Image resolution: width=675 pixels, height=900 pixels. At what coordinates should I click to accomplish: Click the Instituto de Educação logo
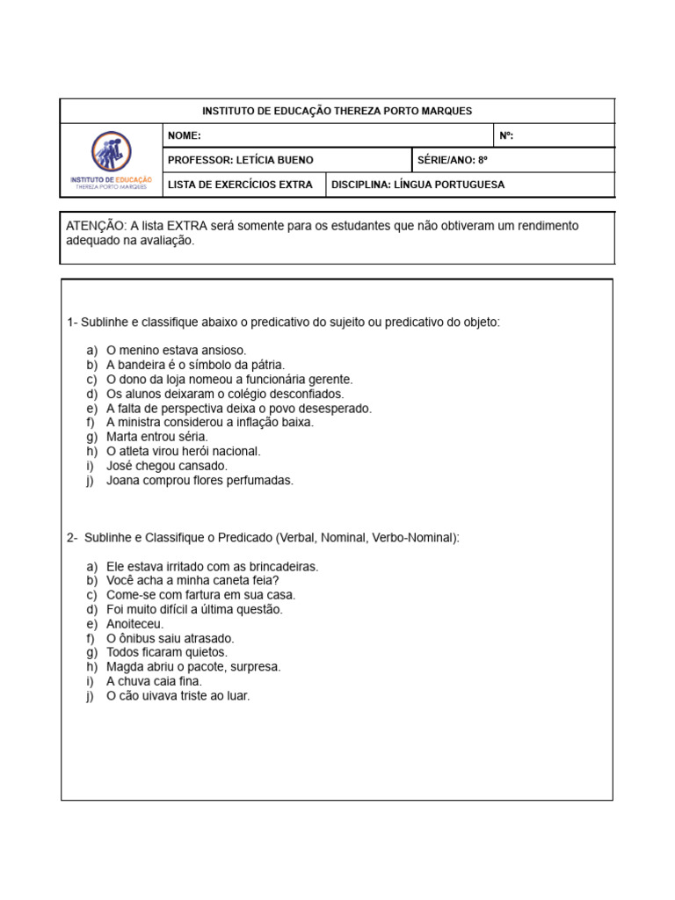[111, 160]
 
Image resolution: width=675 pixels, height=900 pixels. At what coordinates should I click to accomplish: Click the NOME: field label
[184, 135]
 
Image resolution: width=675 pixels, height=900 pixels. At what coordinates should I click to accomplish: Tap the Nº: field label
[506, 135]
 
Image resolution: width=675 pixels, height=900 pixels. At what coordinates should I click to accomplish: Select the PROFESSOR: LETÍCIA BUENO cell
[240, 160]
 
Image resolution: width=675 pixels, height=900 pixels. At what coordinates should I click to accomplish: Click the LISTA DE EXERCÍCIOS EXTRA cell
[240, 185]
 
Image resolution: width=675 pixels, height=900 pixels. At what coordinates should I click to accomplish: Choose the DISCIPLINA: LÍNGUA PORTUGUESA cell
[418, 185]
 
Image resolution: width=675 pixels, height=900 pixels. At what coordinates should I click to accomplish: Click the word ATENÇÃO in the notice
[96, 226]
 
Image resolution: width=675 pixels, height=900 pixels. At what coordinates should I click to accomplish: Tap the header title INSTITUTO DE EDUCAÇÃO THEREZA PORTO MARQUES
[337, 111]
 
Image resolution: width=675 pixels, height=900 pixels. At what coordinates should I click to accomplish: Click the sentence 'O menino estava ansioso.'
[177, 350]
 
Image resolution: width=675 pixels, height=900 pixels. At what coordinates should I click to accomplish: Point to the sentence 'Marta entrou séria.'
[157, 437]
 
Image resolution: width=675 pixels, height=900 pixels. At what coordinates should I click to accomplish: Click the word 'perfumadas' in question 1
[263, 480]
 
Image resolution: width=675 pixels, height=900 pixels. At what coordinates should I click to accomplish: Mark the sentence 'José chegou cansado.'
[167, 466]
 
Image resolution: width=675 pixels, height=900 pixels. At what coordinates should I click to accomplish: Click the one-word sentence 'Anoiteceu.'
[135, 624]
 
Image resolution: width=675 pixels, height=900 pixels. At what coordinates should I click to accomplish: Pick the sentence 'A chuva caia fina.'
[154, 681]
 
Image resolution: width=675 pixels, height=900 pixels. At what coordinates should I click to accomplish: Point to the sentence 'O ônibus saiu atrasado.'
[171, 638]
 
